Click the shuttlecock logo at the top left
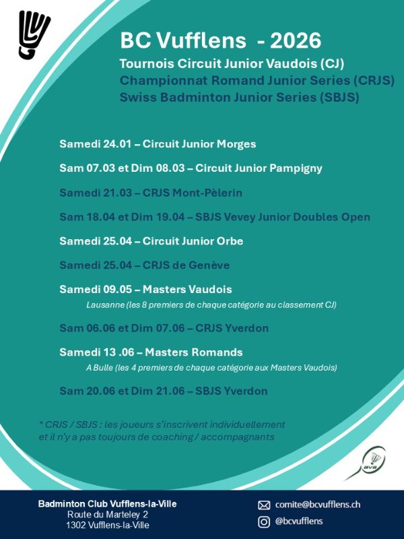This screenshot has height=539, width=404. tap(34, 34)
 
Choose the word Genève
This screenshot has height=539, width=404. tap(211, 265)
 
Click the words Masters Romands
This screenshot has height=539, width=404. tap(194, 352)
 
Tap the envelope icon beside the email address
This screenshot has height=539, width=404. tap(264, 505)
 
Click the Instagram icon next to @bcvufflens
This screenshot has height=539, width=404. tap(264, 521)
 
